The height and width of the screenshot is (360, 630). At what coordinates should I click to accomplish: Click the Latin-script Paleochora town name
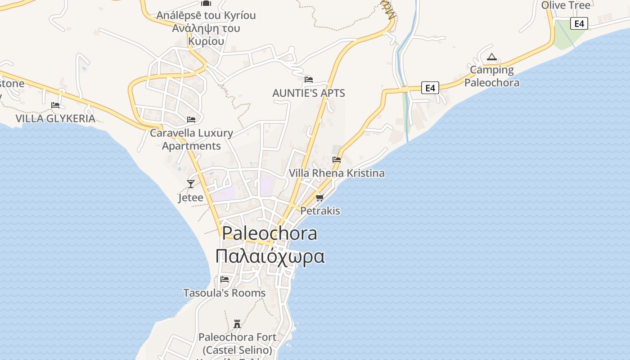pos(270,234)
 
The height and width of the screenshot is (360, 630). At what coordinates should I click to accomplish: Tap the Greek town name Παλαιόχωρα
pos(270,256)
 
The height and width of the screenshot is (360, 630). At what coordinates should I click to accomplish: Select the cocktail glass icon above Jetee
pos(191,184)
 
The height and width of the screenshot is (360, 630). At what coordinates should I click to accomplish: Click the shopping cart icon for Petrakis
pos(320,197)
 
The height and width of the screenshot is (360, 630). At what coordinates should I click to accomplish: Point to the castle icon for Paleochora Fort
pos(237,324)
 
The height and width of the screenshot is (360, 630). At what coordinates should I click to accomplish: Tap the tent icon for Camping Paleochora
pos(491,57)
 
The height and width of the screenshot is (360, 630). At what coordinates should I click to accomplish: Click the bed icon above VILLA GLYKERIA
pos(55,105)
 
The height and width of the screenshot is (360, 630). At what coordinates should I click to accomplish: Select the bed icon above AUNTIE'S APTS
pos(309,80)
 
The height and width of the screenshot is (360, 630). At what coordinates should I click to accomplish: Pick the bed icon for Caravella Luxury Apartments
pos(191,119)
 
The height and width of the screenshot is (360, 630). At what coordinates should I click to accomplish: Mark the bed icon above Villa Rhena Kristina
pos(337,159)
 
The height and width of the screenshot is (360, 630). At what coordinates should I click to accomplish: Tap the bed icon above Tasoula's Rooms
pos(225,279)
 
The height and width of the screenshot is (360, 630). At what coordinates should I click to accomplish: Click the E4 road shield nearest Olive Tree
pos(579,23)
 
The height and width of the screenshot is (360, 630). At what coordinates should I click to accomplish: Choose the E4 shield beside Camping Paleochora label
pos(430,88)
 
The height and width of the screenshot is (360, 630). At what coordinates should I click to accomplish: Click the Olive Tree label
pos(566,5)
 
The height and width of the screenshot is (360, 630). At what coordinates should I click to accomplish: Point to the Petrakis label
pos(320,211)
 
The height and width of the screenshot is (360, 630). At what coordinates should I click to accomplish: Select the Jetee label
pos(190,198)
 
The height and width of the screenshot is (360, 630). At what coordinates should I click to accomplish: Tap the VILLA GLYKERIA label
pos(55,118)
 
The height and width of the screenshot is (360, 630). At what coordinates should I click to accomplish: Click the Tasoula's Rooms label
pos(224,293)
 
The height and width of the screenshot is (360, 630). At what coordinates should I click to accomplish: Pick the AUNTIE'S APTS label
pos(309,93)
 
